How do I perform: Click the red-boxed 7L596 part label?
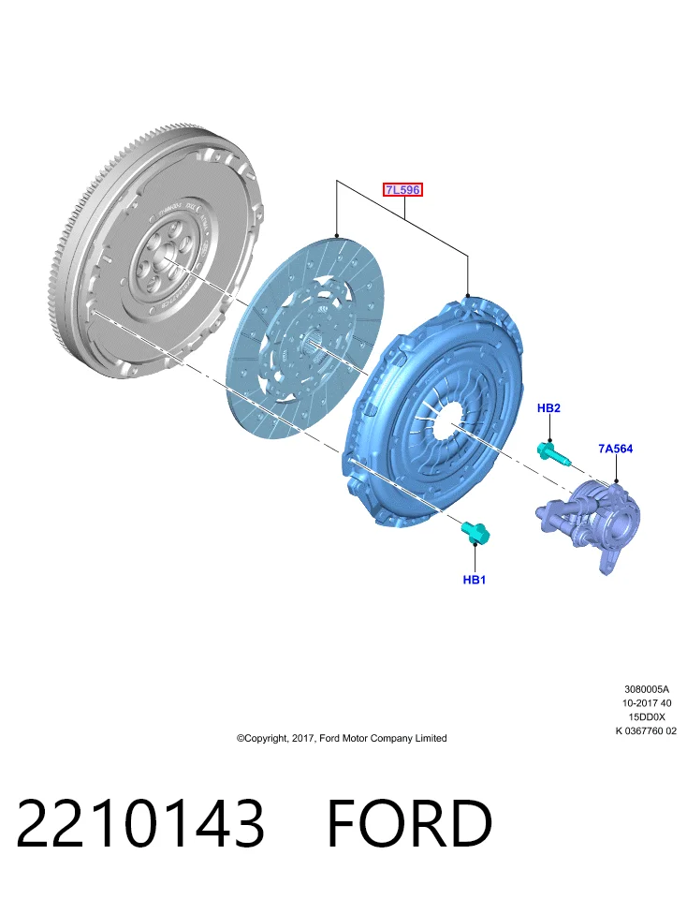pos(402,190)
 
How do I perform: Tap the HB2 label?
pos(548,408)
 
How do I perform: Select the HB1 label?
pos(475,580)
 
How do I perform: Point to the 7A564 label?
pos(615,449)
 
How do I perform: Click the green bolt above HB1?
pos(475,533)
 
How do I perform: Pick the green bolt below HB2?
pos(553,452)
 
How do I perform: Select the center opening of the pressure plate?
pos(451,420)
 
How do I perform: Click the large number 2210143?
pos(141,823)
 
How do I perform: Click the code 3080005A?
pos(647,689)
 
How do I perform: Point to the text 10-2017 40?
pos(647,703)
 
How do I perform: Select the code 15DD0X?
pos(647,716)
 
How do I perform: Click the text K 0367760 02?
pos(646,731)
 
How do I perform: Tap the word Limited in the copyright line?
pos(431,738)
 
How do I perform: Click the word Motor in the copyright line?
pos(355,738)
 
